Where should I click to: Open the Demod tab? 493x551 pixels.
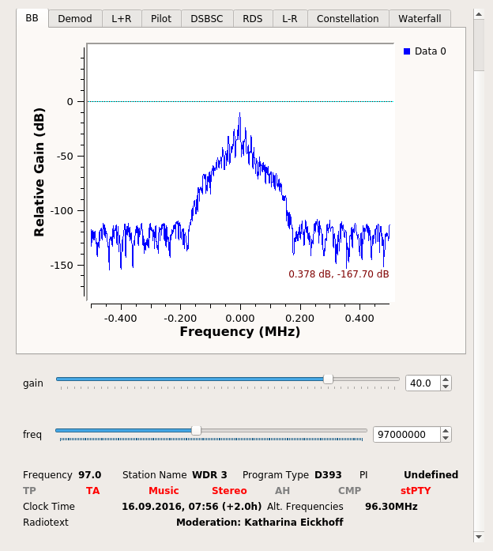75,18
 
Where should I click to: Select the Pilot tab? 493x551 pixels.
161,18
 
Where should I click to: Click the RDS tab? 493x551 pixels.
253,18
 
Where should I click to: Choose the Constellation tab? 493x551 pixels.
348,18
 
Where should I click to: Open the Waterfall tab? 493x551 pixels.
420,18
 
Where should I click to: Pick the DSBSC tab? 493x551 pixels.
206,18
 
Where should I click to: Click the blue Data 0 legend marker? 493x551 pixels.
407,51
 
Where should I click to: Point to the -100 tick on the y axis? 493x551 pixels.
62,210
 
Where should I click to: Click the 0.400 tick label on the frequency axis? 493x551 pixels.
359,318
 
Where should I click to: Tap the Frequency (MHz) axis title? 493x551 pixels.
240,332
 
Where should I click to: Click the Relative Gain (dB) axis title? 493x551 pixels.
39,173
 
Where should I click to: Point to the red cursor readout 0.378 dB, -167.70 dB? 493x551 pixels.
338,274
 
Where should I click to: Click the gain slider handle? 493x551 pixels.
328,379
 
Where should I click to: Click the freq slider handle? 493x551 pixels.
196,431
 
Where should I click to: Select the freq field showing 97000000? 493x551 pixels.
405,434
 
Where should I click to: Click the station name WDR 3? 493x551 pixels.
209,475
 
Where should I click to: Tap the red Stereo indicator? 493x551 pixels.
229,491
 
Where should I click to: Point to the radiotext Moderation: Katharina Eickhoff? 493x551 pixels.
259,523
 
